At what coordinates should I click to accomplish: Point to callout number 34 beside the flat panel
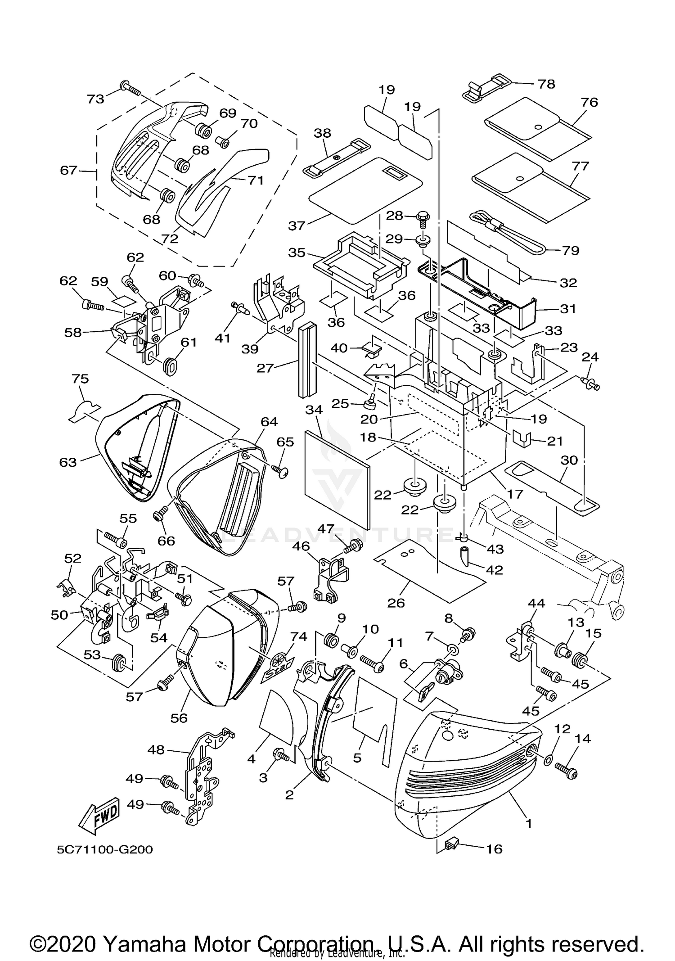click(x=314, y=410)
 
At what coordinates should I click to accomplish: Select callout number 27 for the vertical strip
click(x=265, y=368)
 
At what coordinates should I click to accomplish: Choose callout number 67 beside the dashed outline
click(x=69, y=170)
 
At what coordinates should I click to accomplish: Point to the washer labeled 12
click(x=549, y=760)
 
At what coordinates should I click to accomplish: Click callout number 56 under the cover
click(x=179, y=718)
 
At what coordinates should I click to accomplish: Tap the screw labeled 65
click(x=281, y=471)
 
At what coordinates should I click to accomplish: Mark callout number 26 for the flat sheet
click(x=396, y=602)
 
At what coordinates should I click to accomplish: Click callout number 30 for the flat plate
click(x=569, y=460)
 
